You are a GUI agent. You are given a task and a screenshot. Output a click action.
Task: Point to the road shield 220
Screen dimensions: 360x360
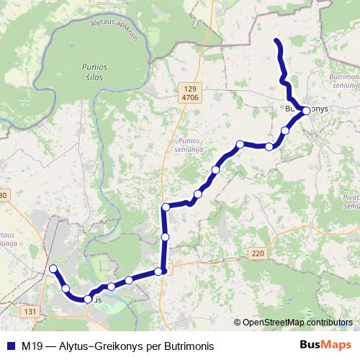click(x=258, y=253)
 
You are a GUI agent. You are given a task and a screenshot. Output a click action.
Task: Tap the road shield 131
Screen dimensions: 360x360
click(x=30, y=311)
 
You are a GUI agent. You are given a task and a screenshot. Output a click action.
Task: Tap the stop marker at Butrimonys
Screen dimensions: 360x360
click(x=306, y=111)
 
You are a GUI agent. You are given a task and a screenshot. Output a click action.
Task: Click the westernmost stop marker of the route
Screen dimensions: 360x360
click(x=53, y=269)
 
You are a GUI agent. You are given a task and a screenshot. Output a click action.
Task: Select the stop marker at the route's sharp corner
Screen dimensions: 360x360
click(x=166, y=207)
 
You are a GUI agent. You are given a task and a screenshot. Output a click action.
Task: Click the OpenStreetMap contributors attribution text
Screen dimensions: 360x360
click(x=296, y=323)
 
